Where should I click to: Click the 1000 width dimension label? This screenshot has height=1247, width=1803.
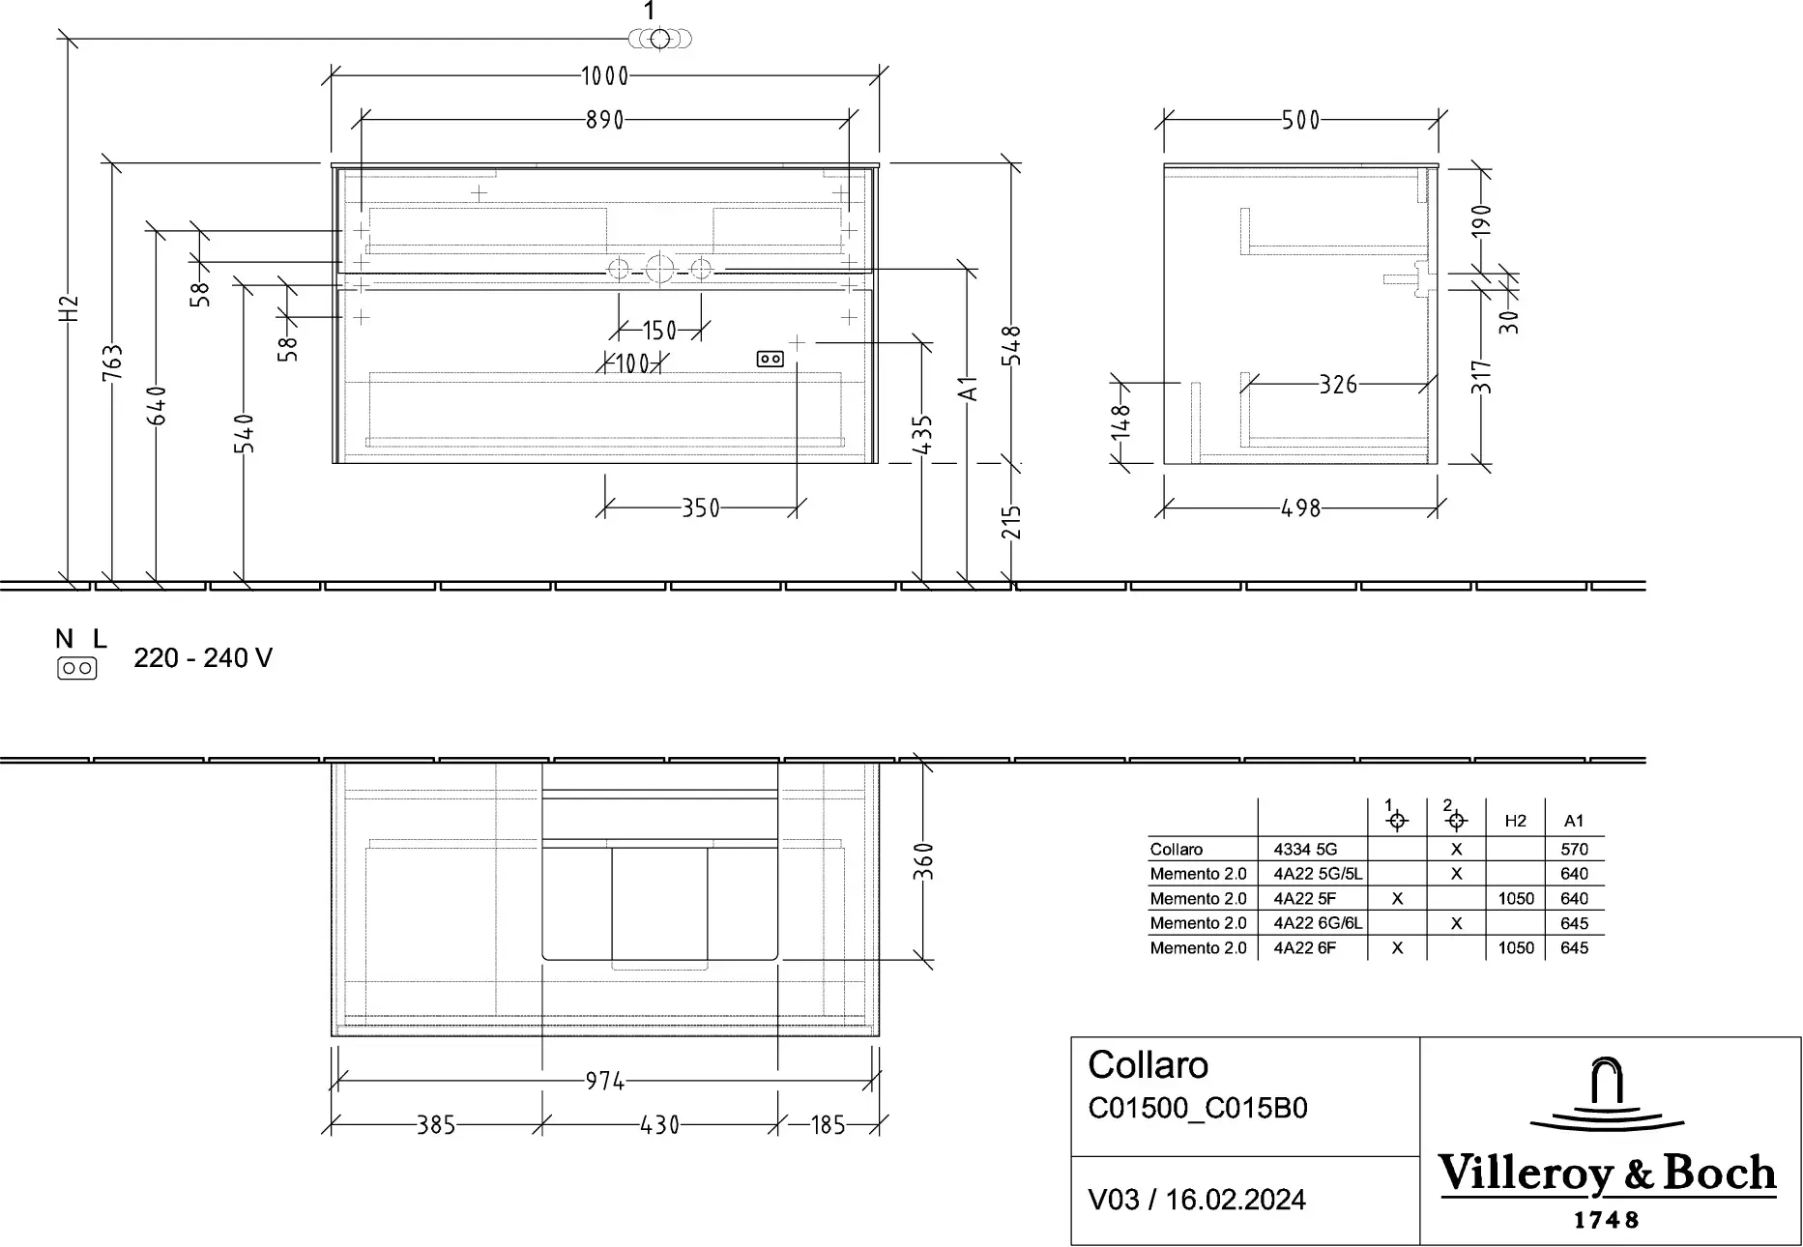click(605, 75)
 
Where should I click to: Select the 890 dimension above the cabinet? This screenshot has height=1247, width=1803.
click(605, 120)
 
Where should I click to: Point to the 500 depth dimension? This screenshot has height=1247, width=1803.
click(1300, 120)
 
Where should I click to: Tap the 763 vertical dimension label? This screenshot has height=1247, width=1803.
click(113, 363)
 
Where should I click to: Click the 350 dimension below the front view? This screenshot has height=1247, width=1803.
click(701, 507)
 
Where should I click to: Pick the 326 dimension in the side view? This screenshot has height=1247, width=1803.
click(1339, 385)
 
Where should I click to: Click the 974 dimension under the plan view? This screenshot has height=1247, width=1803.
click(605, 1081)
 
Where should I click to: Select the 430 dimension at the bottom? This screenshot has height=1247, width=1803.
click(660, 1125)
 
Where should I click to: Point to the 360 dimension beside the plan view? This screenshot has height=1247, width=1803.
click(923, 861)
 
